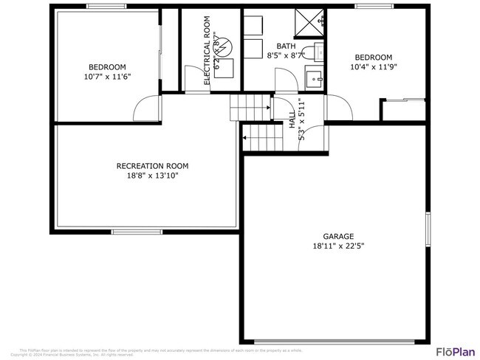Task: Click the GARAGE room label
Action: point(338,236)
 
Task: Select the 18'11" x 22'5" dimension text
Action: point(338,246)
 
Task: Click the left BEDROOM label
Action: point(107,66)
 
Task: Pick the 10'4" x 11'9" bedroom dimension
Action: point(373,67)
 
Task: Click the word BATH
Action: point(286,46)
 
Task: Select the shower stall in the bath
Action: point(309,21)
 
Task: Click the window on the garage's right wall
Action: point(427,229)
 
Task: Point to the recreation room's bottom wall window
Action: point(137,232)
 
